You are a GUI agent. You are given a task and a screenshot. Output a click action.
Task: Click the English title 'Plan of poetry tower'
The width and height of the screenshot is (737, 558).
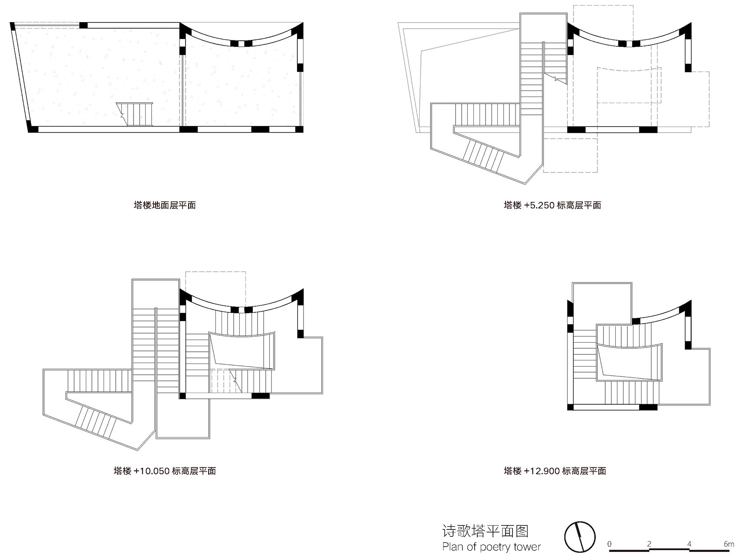click(x=491, y=547)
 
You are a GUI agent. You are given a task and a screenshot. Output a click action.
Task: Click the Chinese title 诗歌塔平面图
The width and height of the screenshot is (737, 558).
click(x=485, y=531)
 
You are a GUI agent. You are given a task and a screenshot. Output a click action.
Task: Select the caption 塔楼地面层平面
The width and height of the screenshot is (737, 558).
click(x=165, y=205)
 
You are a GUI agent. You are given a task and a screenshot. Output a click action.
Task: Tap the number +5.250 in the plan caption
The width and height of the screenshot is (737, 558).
click(x=539, y=205)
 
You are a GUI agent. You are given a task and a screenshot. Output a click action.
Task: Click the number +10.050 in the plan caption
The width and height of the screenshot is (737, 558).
click(x=151, y=471)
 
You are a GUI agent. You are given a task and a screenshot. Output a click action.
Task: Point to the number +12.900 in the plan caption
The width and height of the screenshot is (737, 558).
click(x=541, y=471)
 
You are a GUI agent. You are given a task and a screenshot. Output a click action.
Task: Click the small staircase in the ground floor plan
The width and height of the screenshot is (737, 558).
click(x=135, y=114)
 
